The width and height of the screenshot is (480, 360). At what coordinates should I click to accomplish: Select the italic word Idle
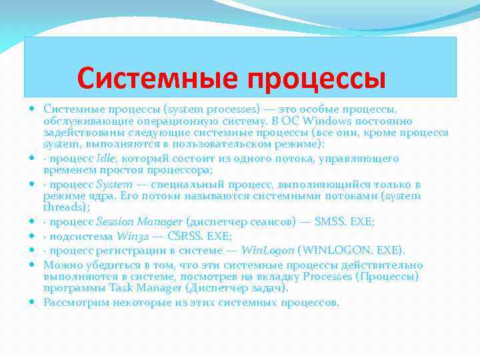pyautogui.click(x=106, y=158)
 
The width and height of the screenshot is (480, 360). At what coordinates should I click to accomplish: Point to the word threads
pyautogui.click(x=65, y=207)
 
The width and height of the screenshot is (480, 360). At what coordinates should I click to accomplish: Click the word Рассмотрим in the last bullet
pyautogui.click(x=75, y=302)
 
